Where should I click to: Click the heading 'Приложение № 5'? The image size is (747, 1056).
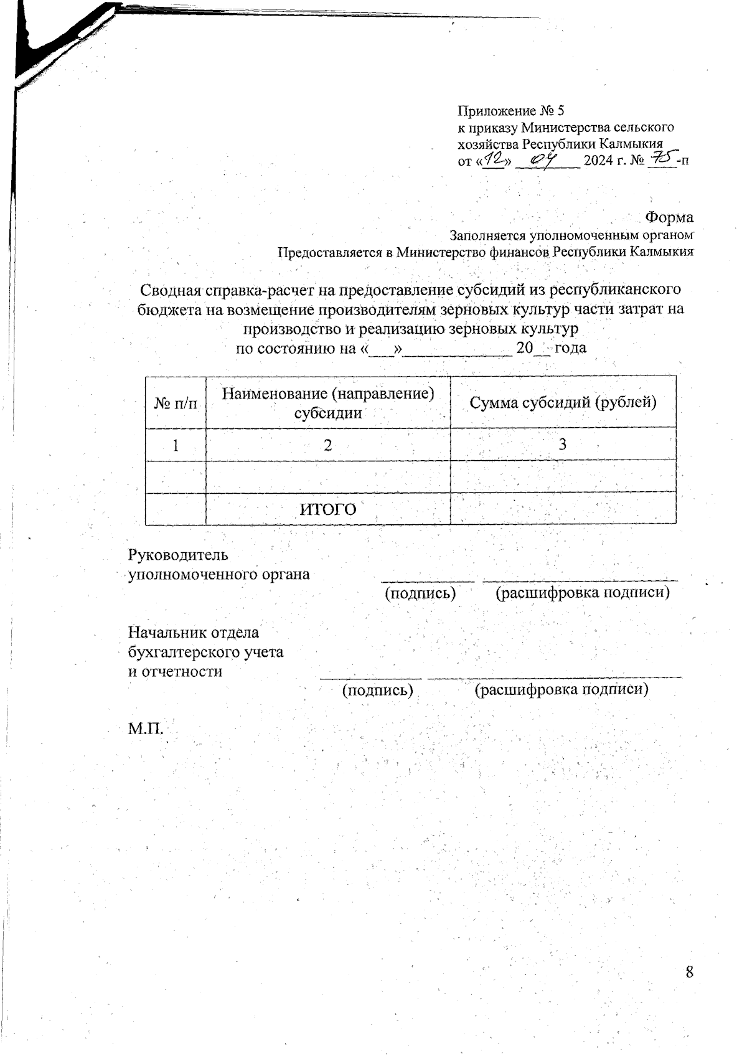pyautogui.click(x=510, y=111)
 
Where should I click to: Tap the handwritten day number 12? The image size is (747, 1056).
pyautogui.click(x=495, y=161)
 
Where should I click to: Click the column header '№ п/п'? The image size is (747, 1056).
pyautogui.click(x=175, y=403)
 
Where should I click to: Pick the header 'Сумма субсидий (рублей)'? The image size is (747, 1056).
pyautogui.click(x=563, y=402)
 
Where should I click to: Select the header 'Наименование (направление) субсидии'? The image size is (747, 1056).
pyautogui.click(x=327, y=402)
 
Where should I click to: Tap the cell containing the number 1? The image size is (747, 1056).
pyautogui.click(x=176, y=445)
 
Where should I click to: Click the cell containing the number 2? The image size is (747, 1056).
pyautogui.click(x=327, y=445)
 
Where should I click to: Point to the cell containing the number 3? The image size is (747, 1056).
pyautogui.click(x=563, y=444)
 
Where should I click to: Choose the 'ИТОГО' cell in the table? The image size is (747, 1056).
pyautogui.click(x=328, y=509)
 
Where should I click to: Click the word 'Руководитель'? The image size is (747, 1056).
pyautogui.click(x=178, y=554)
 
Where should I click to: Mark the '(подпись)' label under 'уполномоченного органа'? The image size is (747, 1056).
pyautogui.click(x=421, y=593)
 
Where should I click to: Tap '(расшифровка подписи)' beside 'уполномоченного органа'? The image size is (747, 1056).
pyautogui.click(x=582, y=593)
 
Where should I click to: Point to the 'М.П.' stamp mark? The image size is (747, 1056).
pyautogui.click(x=146, y=728)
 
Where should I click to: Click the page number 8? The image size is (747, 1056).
pyautogui.click(x=689, y=973)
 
